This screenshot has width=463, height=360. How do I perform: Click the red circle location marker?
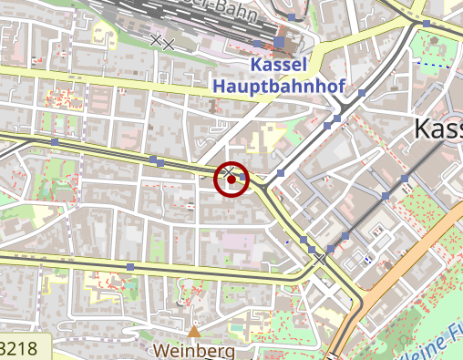pyautogui.click(x=231, y=180)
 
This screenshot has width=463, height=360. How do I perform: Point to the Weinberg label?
pyautogui.click(x=194, y=350)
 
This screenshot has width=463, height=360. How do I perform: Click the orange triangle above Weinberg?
pyautogui.click(x=194, y=331)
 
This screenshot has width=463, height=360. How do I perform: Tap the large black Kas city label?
pyautogui.click(x=437, y=129)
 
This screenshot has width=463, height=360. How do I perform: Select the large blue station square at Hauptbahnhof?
pyautogui.click(x=279, y=42)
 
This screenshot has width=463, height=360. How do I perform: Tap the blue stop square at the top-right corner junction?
pyautogui.click(x=426, y=22)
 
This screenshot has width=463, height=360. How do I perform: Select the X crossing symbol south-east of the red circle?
pyautogui.click(x=320, y=261)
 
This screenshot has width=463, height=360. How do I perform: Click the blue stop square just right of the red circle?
pyautogui.click(x=281, y=172)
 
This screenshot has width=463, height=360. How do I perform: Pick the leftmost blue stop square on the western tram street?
pyautogui.click(x=55, y=142)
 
